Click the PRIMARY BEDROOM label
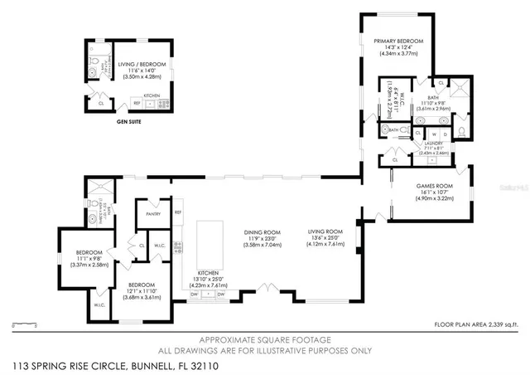pyautogui.click(x=397, y=41)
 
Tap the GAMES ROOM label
pyautogui.click(x=435, y=187)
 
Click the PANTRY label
pyautogui.click(x=152, y=214)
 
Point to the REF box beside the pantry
pyautogui.click(x=178, y=213)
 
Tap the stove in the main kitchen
pyautogui.click(x=207, y=295)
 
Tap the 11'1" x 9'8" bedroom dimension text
pyautogui.click(x=89, y=259)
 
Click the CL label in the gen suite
pyautogui.click(x=100, y=102)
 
